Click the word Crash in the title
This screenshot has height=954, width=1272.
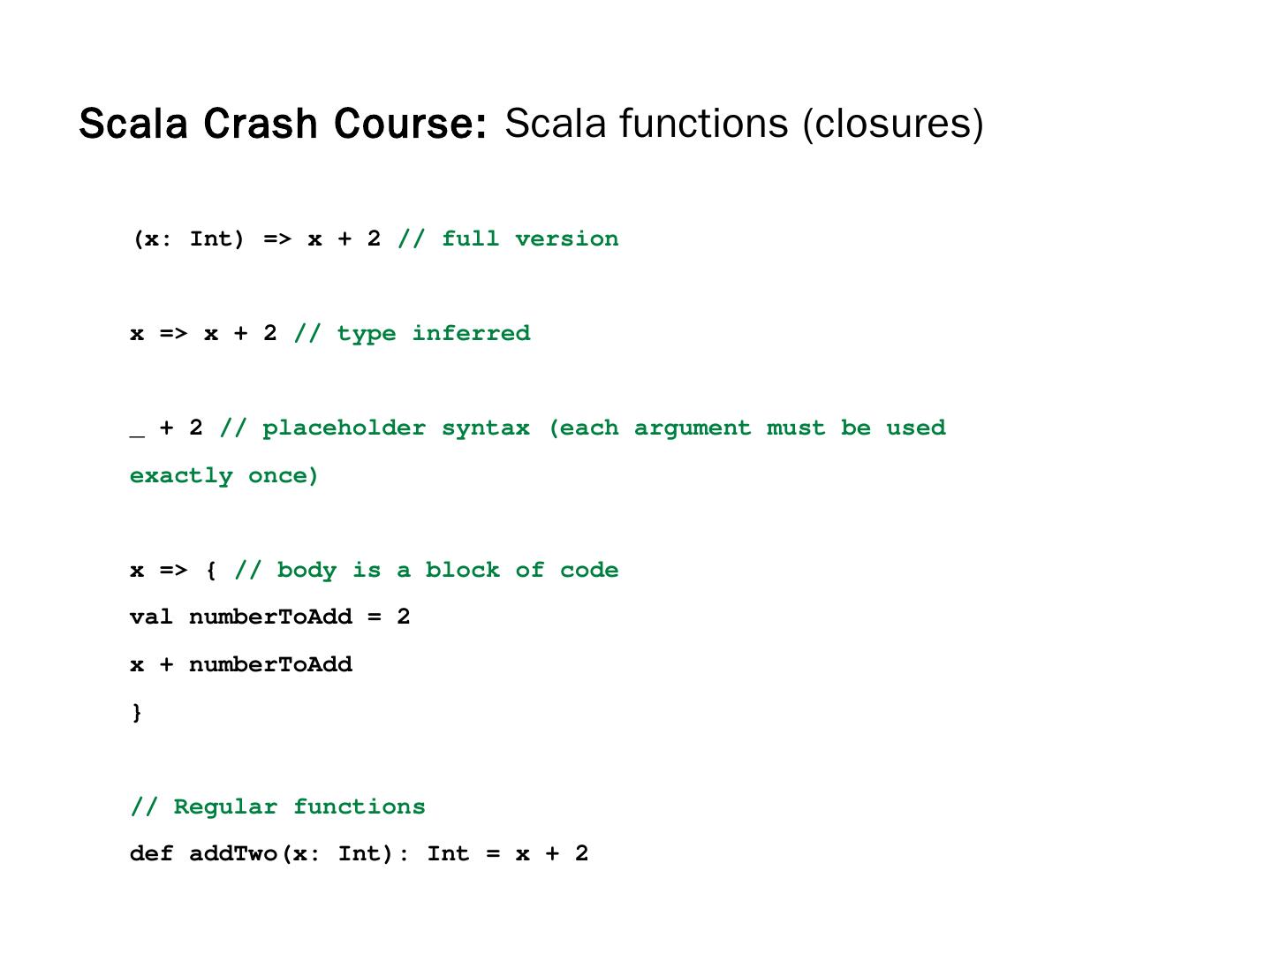(x=261, y=124)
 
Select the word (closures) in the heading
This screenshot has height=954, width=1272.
(x=892, y=124)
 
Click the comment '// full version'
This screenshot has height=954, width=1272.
(x=508, y=238)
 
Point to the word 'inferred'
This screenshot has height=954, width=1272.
(x=471, y=333)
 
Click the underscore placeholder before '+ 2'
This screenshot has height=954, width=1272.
(x=137, y=433)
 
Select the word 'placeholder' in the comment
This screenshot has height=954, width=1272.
(x=344, y=428)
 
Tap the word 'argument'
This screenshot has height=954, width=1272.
(x=692, y=428)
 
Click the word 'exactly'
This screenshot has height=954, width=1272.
(x=181, y=476)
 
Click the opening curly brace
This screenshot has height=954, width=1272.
(x=211, y=570)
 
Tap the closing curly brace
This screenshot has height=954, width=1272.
(x=137, y=712)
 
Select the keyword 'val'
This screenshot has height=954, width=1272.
(x=151, y=617)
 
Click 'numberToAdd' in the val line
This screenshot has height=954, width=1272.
(x=270, y=617)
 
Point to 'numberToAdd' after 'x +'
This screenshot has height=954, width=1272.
(x=270, y=664)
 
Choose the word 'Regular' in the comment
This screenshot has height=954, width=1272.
(x=225, y=806)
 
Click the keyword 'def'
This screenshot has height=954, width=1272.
(x=151, y=853)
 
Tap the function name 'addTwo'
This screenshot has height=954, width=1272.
(x=233, y=853)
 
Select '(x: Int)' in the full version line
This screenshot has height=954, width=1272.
(x=188, y=239)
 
